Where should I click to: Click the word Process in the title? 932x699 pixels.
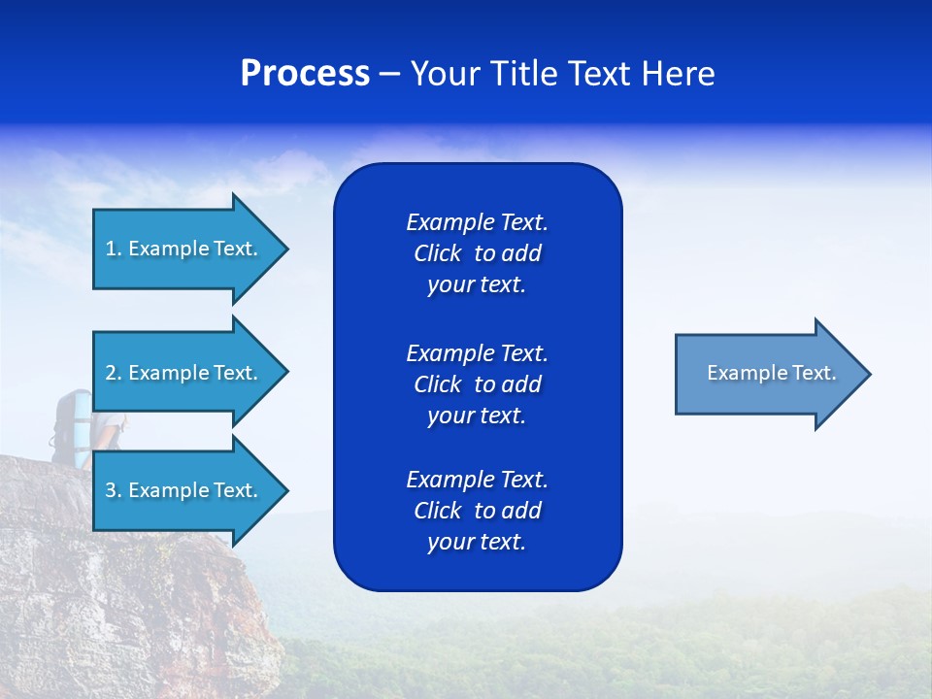[x=305, y=74]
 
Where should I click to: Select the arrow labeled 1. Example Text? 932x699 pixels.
[x=183, y=249]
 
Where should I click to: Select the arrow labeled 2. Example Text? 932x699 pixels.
[x=183, y=373]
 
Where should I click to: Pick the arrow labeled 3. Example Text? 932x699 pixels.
[x=183, y=490]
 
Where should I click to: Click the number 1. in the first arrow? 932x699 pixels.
[x=114, y=249]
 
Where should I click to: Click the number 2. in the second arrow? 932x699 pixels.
[x=114, y=373]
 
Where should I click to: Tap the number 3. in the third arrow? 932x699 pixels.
[x=114, y=490]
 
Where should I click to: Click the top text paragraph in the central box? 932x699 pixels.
[x=477, y=253]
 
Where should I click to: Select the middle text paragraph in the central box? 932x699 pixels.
[x=477, y=383]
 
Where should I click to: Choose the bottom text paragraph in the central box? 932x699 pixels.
[x=477, y=511]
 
